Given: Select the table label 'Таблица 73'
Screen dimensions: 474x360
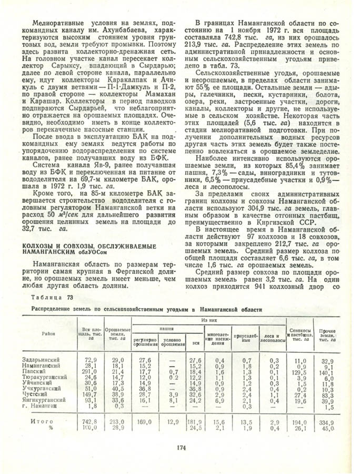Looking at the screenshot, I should tap(51, 298).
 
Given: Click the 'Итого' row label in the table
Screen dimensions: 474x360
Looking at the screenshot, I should tap(42, 421).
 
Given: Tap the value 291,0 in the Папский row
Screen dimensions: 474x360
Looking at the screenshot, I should tap(91, 371).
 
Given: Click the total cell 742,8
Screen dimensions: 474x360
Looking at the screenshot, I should tap(91, 421).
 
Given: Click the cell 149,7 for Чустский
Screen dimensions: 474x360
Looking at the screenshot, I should tap(91, 394).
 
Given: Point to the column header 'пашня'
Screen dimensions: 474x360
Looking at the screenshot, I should tap(167, 327).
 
